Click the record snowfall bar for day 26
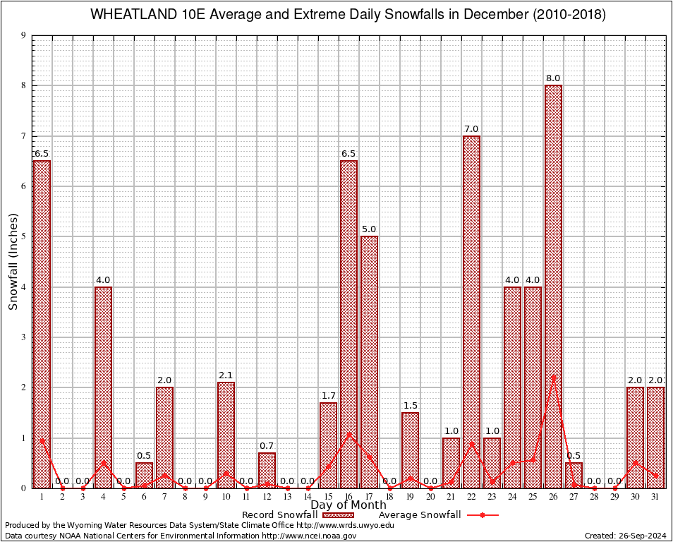click(553, 282)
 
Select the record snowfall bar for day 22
click(471, 311)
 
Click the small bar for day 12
click(267, 470)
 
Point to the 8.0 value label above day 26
click(553, 78)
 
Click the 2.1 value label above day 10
click(226, 375)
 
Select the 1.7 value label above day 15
click(328, 395)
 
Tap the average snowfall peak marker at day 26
click(553, 378)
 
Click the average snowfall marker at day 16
click(348, 435)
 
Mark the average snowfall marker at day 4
click(103, 463)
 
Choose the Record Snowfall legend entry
click(280, 515)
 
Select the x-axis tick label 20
click(430, 497)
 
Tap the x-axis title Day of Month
click(348, 505)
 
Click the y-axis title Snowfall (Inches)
click(13, 262)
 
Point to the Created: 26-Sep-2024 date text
click(626, 536)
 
